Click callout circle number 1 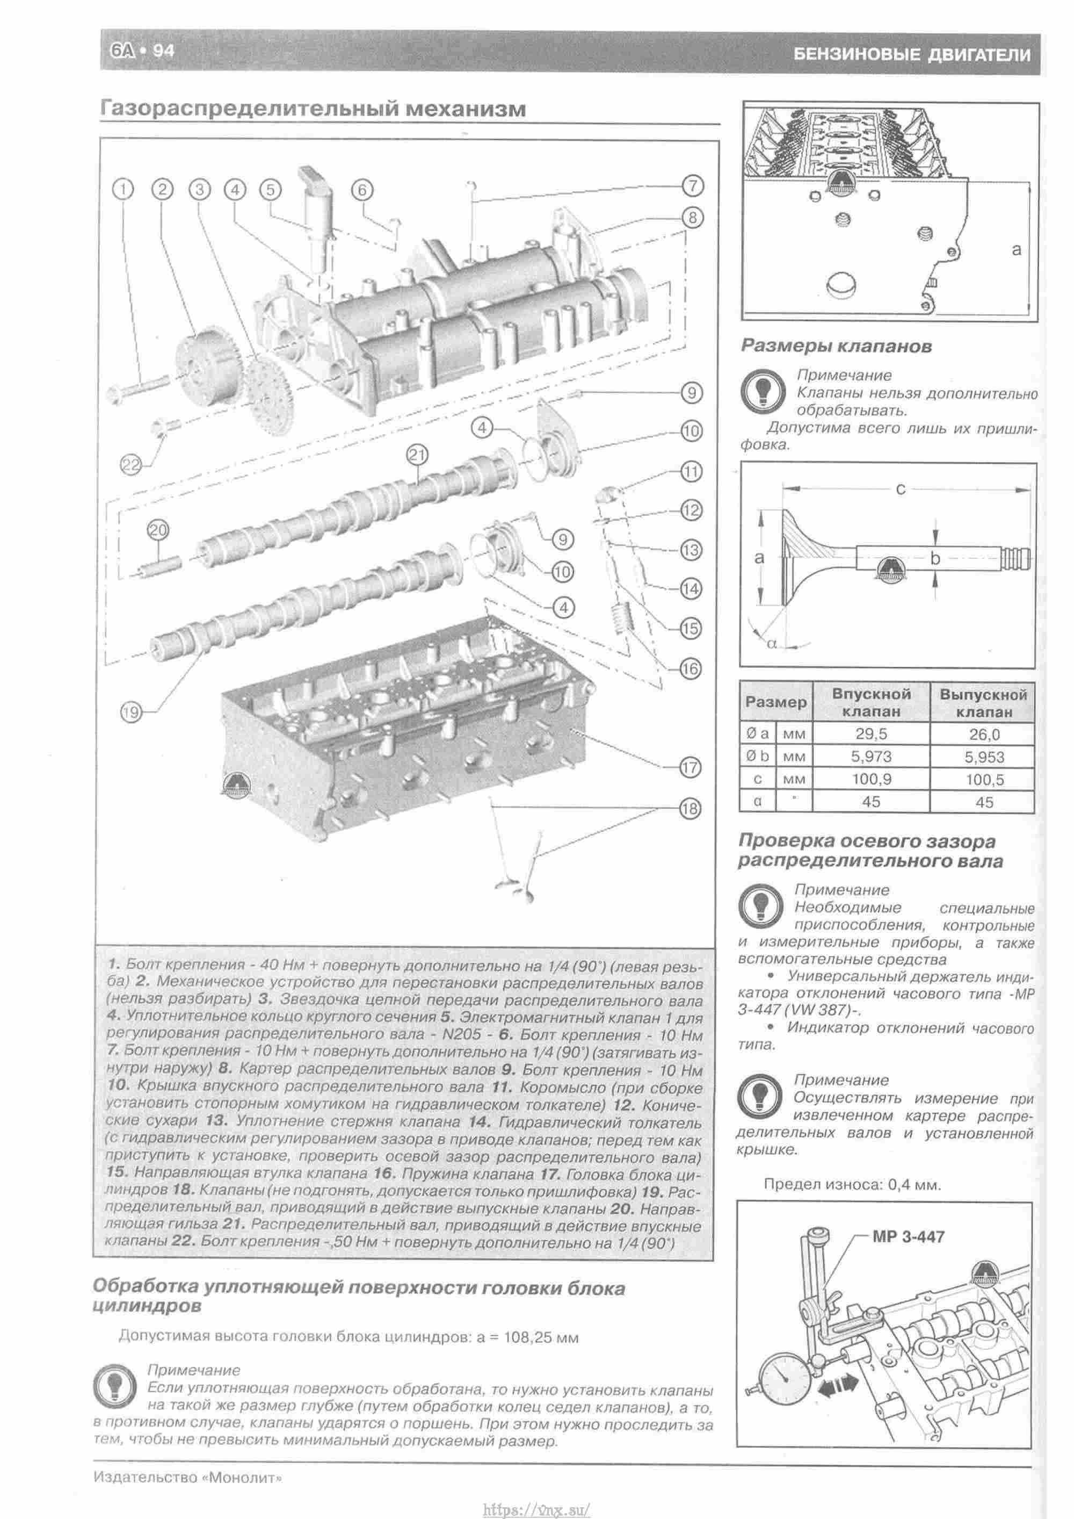(x=123, y=190)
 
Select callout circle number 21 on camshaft (x=417, y=455)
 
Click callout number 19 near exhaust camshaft (x=131, y=712)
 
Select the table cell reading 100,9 (x=871, y=779)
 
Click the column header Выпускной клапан (x=983, y=703)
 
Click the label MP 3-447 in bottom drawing (x=908, y=1236)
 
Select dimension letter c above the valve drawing (x=900, y=489)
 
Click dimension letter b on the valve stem (x=934, y=558)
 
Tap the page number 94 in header (x=163, y=51)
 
